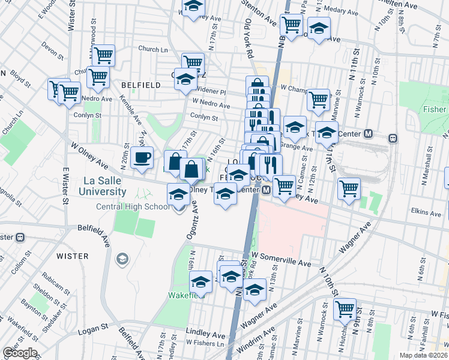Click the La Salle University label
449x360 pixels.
(x=101, y=186)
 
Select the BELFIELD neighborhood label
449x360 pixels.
(x=141, y=85)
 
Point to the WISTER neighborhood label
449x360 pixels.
(x=72, y=256)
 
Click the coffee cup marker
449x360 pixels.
(x=142, y=158)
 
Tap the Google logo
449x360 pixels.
(x=20, y=353)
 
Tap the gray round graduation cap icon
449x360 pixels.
(x=122, y=259)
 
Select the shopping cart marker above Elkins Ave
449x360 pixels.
(x=349, y=189)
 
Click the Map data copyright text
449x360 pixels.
(x=424, y=355)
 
